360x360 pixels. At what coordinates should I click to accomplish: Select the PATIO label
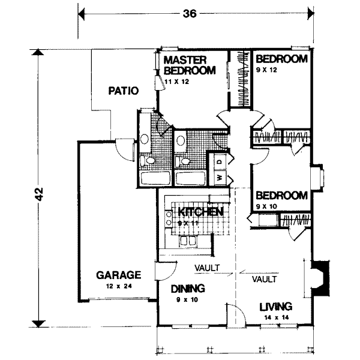[x=124, y=92]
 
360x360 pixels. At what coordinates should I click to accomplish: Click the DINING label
[x=187, y=287]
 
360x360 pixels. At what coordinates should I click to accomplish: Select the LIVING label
[x=276, y=306]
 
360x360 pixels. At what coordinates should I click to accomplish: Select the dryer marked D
[x=220, y=161]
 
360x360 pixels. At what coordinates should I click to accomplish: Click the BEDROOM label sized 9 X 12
[x=281, y=59]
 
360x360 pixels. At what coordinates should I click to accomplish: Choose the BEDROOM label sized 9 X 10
[x=281, y=196]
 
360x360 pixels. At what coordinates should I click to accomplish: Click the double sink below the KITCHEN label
[x=188, y=241]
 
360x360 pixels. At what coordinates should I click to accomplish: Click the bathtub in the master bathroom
[x=154, y=178]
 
